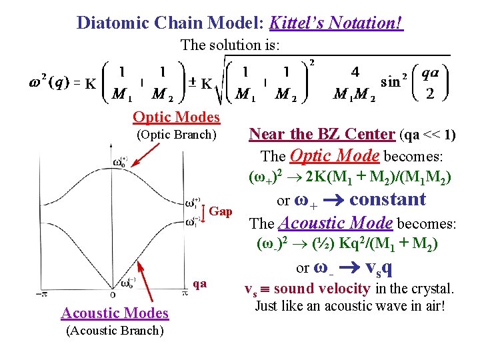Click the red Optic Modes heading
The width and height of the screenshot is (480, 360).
(x=176, y=117)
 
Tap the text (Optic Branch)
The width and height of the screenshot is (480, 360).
(x=176, y=135)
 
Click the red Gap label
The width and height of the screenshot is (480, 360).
(x=221, y=211)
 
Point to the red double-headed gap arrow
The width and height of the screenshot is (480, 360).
(x=204, y=211)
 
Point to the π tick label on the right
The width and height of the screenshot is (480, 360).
(x=184, y=293)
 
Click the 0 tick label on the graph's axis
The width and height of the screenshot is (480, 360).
(x=111, y=294)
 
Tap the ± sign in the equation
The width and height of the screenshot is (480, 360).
(x=192, y=83)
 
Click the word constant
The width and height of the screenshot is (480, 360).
(x=387, y=199)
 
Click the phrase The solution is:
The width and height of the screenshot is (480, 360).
(x=231, y=45)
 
